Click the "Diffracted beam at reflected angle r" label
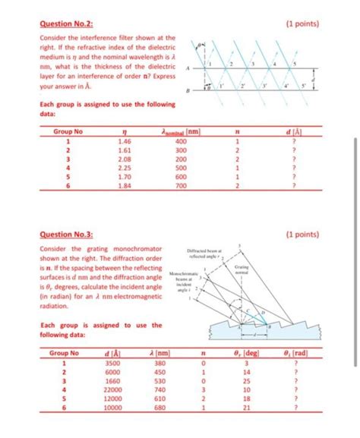205,256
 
